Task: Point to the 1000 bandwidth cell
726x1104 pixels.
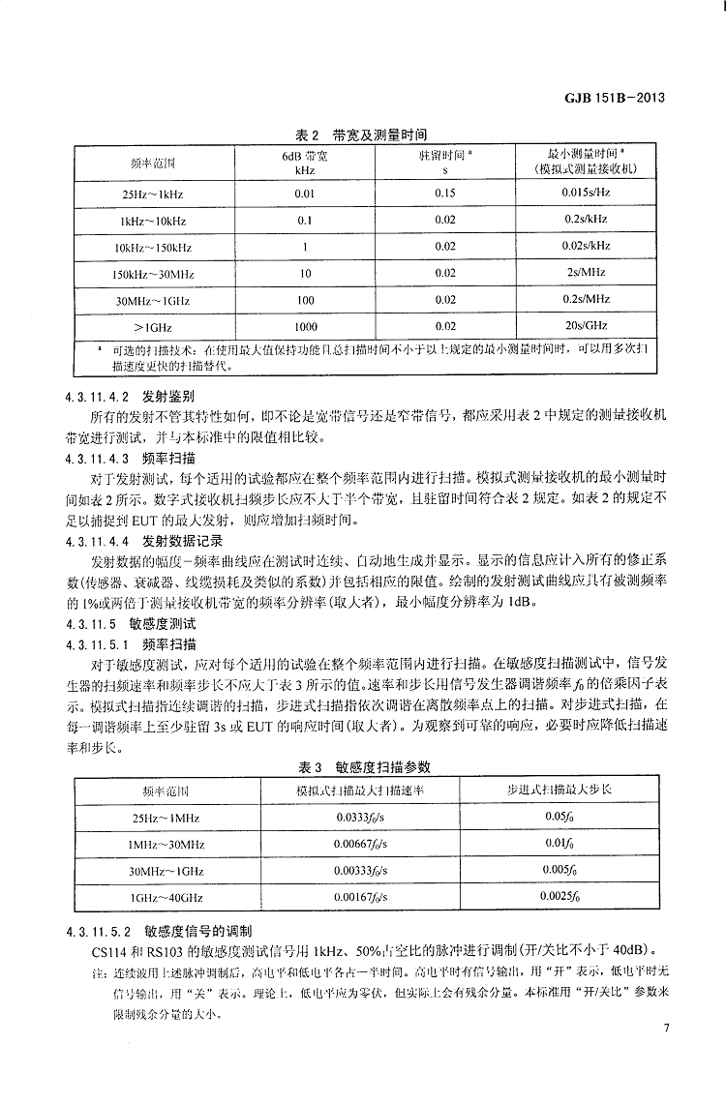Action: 305,326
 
